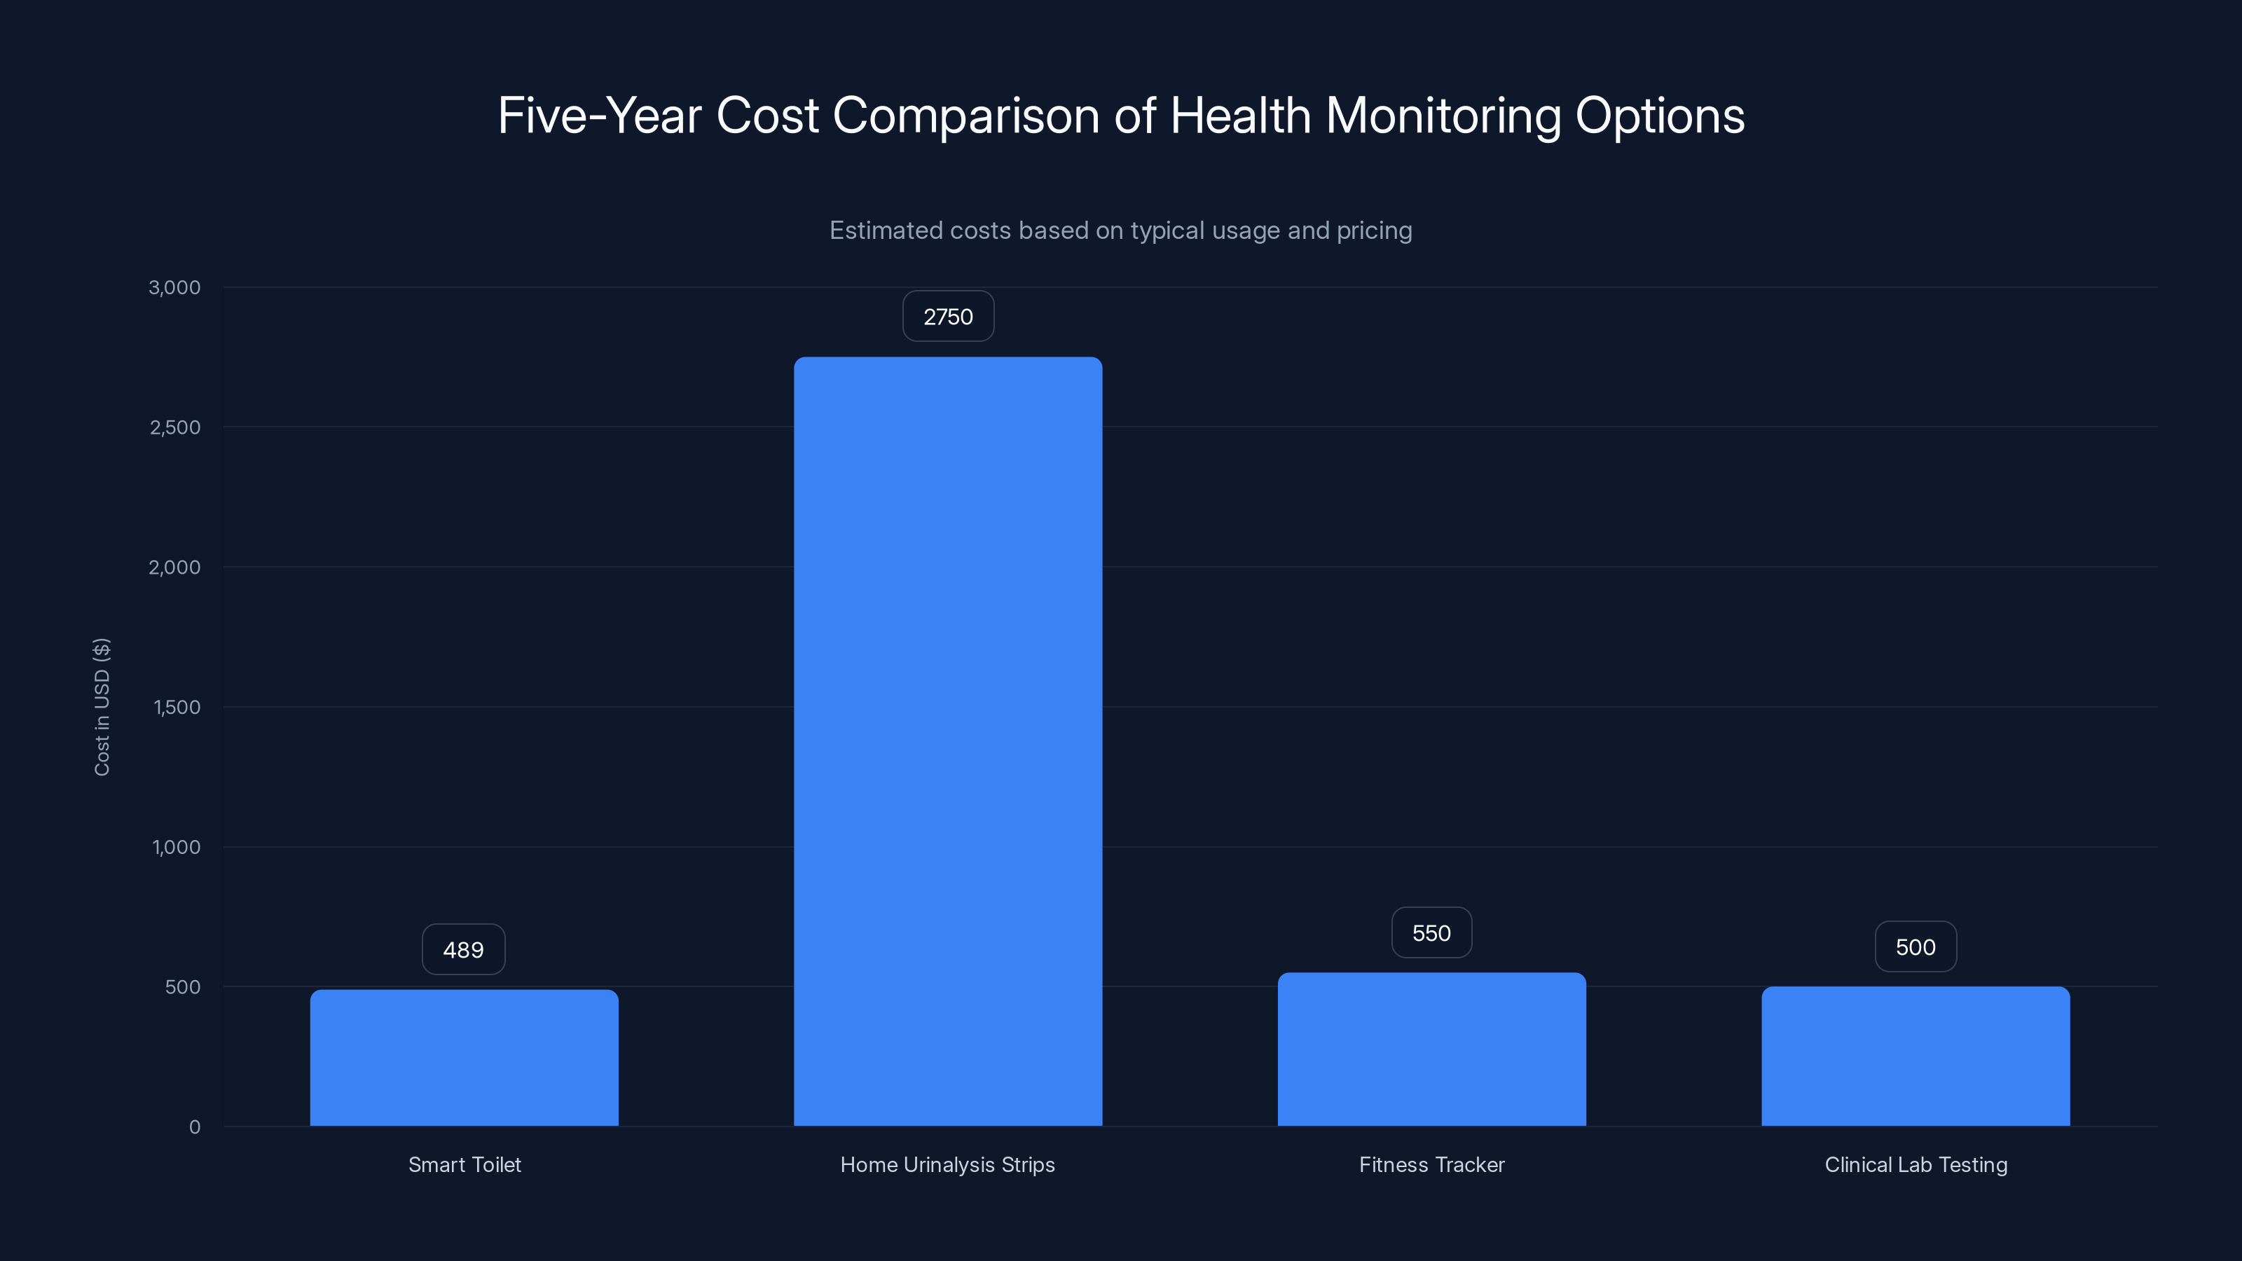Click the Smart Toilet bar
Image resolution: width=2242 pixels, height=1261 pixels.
click(464, 1057)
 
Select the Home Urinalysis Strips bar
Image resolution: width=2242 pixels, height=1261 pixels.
click(948, 740)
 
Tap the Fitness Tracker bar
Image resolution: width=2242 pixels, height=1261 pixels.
click(1431, 1049)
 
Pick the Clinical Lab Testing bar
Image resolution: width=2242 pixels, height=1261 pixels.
click(1916, 1056)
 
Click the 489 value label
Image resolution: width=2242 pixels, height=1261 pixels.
click(463, 949)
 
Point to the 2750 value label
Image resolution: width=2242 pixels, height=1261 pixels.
click(948, 317)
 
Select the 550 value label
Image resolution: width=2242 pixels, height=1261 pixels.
click(1431, 933)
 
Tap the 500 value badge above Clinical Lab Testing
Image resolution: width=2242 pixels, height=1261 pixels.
click(1916, 947)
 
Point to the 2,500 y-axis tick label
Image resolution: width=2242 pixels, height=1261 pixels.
click(175, 427)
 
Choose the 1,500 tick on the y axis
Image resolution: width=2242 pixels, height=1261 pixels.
click(177, 708)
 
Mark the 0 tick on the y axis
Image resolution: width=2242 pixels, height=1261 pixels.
click(194, 1127)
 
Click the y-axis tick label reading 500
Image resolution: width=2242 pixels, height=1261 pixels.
click(182, 987)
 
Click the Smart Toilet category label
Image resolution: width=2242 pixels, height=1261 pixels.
click(464, 1164)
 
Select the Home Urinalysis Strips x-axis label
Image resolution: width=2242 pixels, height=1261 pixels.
click(947, 1164)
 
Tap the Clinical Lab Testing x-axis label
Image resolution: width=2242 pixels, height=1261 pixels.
click(1916, 1164)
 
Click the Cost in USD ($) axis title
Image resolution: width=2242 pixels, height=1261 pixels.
click(102, 707)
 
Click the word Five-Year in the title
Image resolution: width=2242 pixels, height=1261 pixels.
click(599, 116)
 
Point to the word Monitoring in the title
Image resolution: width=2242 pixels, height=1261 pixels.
click(1443, 116)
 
